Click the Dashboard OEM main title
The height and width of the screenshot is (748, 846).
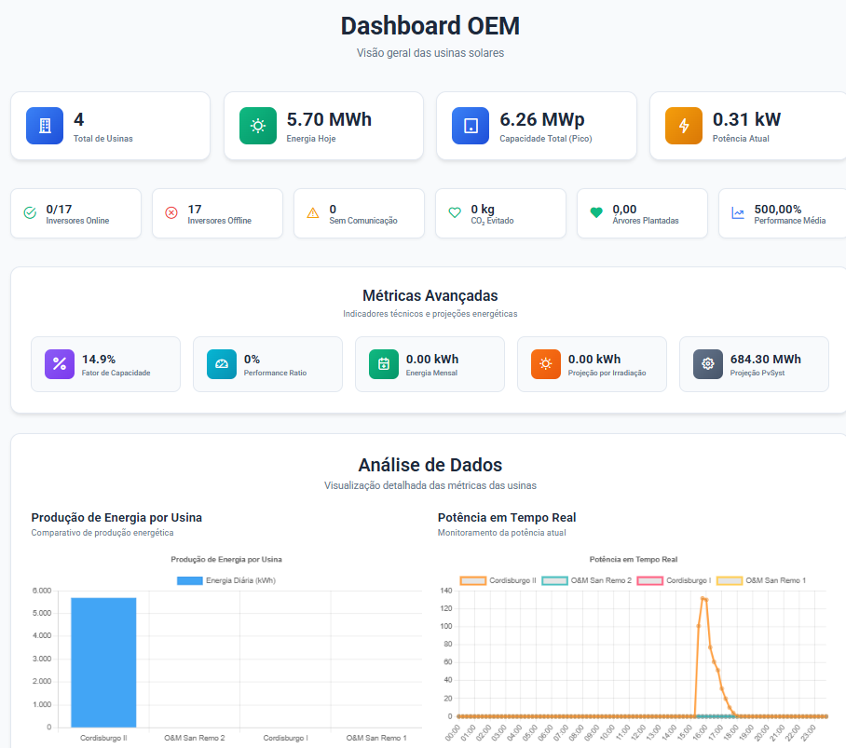pyautogui.click(x=430, y=25)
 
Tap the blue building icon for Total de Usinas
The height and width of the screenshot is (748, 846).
pyautogui.click(x=45, y=126)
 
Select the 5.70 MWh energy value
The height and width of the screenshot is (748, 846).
pyautogui.click(x=329, y=119)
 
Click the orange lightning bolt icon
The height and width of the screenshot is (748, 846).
pyautogui.click(x=684, y=126)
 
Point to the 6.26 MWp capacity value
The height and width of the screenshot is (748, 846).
pyautogui.click(x=542, y=119)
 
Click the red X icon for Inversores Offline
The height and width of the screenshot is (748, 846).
pyautogui.click(x=171, y=213)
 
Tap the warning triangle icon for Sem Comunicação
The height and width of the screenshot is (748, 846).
pyautogui.click(x=313, y=213)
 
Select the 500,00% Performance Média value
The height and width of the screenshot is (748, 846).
pyautogui.click(x=777, y=209)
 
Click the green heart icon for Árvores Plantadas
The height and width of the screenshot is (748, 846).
pyautogui.click(x=596, y=213)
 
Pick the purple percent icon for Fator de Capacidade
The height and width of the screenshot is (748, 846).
pyautogui.click(x=60, y=364)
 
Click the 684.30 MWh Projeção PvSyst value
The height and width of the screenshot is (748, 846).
pyautogui.click(x=765, y=359)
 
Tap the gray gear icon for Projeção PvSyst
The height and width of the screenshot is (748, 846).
pyautogui.click(x=708, y=364)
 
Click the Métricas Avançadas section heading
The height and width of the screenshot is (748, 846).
pyautogui.click(x=430, y=295)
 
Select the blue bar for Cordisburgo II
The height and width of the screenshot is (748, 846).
pyautogui.click(x=103, y=661)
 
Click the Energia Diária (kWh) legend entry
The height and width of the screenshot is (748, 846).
pyautogui.click(x=226, y=580)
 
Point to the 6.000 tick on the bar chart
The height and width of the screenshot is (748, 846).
pyautogui.click(x=41, y=591)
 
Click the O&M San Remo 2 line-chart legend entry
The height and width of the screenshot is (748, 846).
pyautogui.click(x=587, y=580)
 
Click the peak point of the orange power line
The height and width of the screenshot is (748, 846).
pyautogui.click(x=703, y=598)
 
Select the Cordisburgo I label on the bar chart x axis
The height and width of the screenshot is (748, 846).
pyautogui.click(x=291, y=738)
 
